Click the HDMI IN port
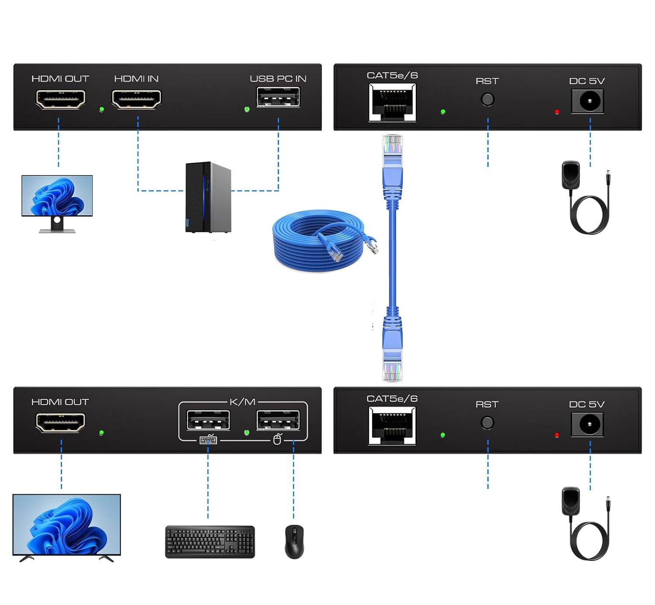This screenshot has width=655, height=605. [136, 99]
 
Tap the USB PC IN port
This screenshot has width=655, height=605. [278, 97]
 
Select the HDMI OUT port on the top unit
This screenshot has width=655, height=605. [60, 99]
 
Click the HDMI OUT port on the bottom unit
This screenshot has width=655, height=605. [60, 422]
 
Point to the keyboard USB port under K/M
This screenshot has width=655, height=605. [208, 421]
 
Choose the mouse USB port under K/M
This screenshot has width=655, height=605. [278, 421]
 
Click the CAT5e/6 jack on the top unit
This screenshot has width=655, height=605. [392, 103]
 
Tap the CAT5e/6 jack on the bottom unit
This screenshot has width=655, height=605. [392, 426]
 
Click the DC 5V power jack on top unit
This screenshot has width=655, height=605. [588, 102]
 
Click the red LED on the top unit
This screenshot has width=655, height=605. [557, 112]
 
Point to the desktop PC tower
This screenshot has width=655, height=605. [208, 197]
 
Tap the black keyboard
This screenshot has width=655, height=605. [210, 542]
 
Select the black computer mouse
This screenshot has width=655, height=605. [294, 541]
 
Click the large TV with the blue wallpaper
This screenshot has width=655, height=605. [66, 525]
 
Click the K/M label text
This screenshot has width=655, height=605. [242, 402]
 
